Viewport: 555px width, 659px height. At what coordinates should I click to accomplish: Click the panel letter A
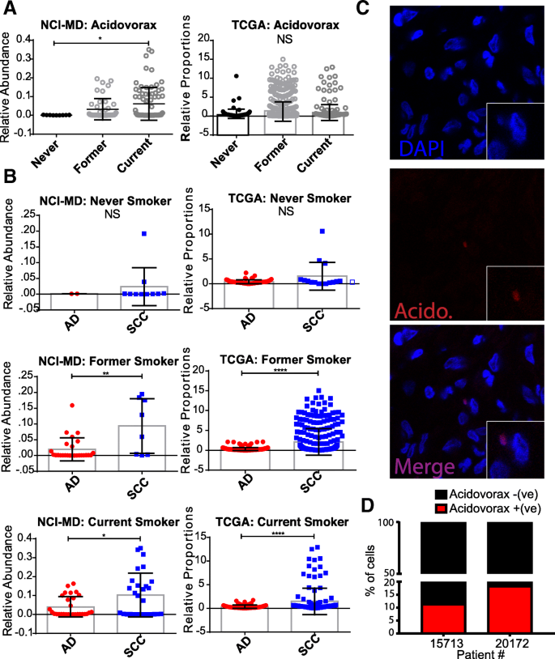click(9, 10)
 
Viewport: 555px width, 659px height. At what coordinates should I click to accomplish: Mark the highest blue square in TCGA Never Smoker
click(322, 232)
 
